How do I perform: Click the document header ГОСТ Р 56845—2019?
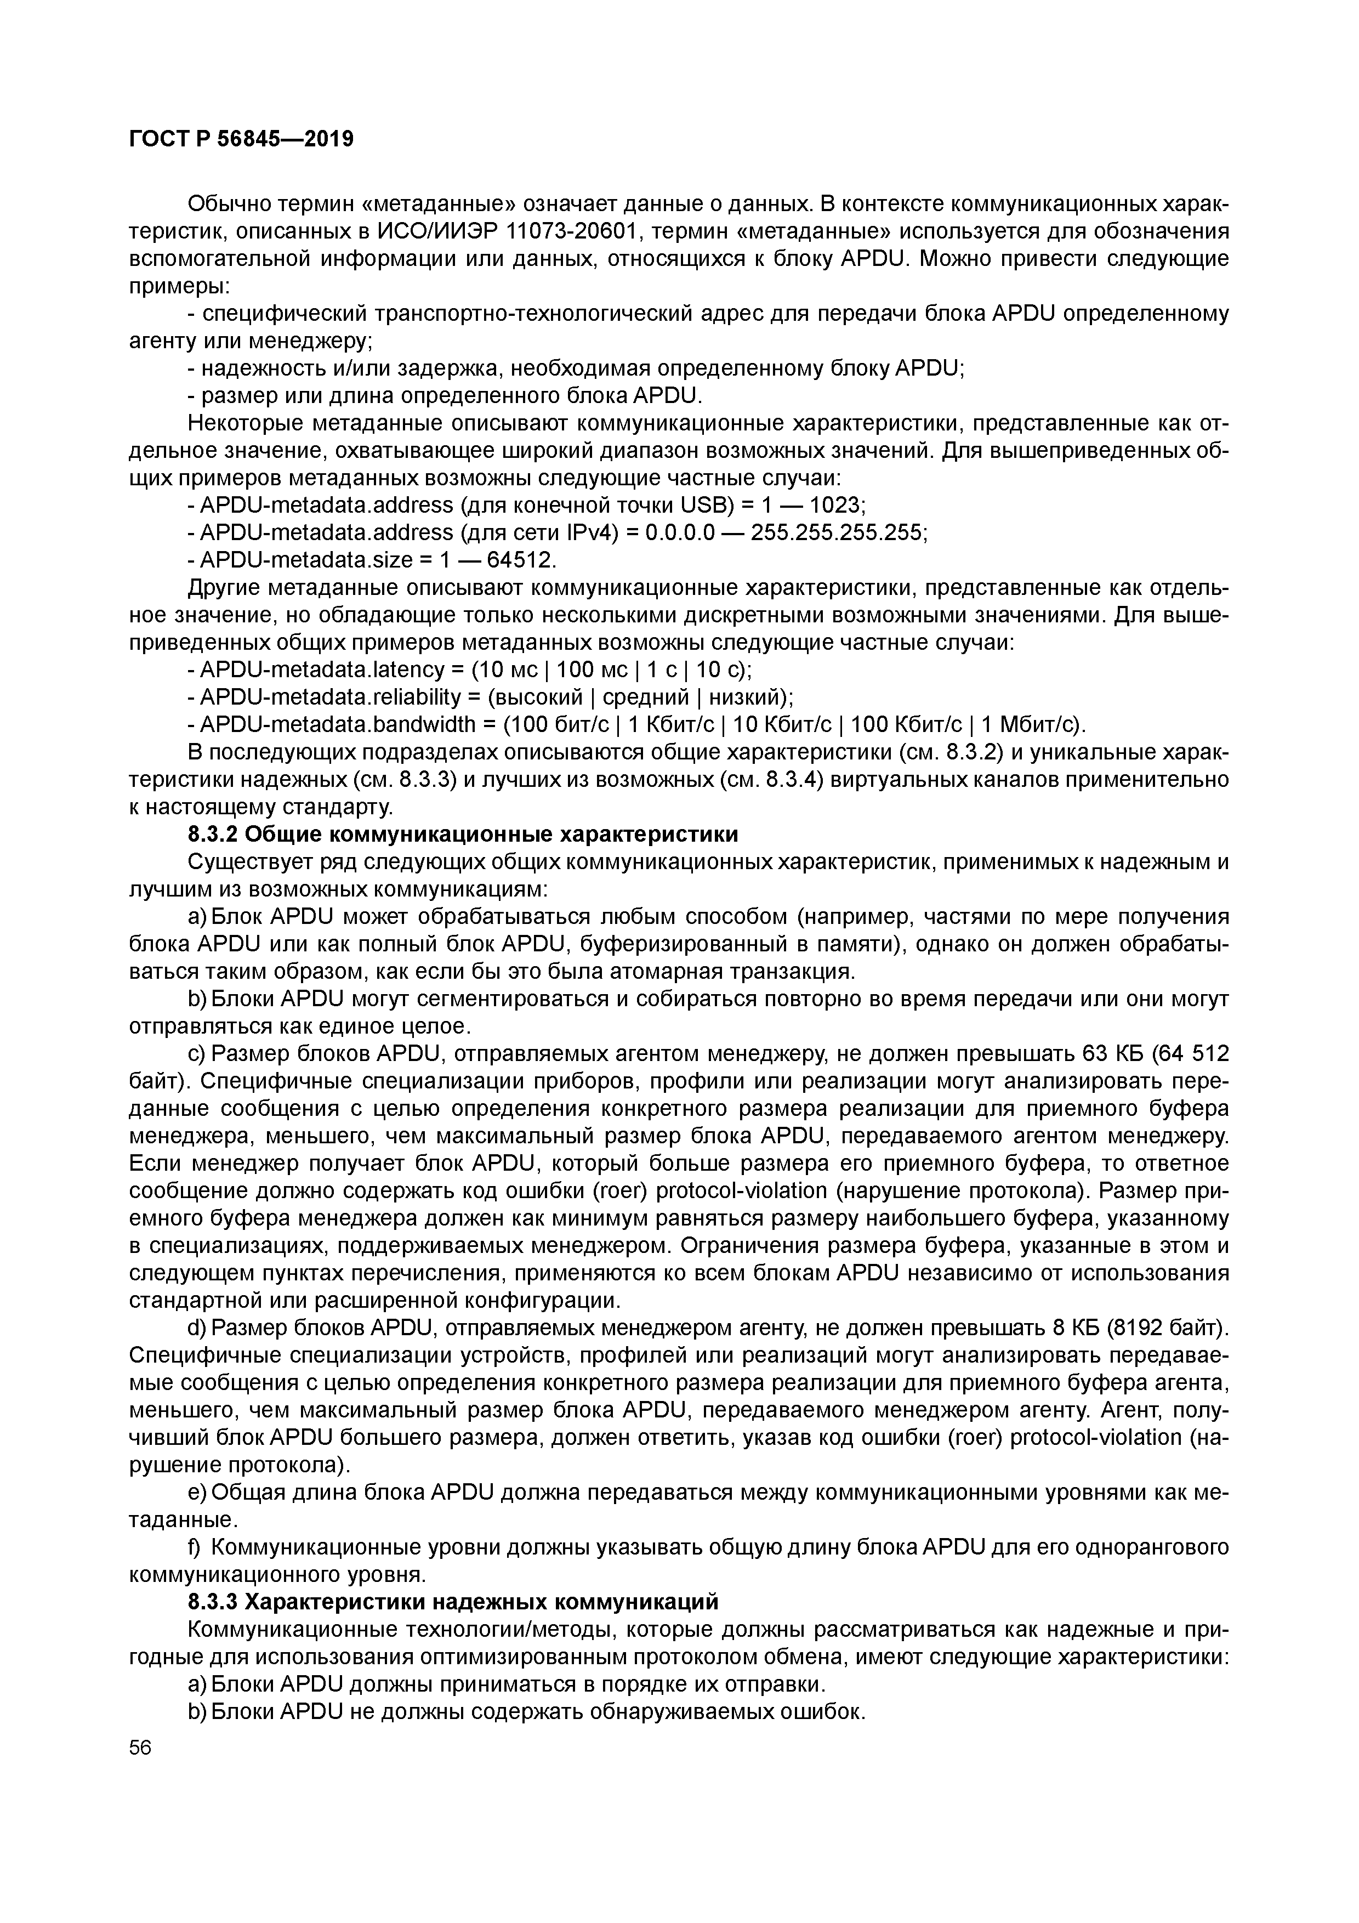[x=241, y=139]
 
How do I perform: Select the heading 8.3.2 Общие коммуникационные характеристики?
[x=463, y=835]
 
